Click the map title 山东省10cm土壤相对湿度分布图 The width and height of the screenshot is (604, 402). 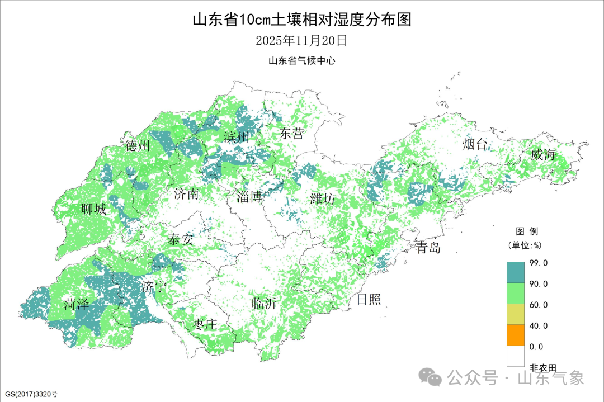point(301,20)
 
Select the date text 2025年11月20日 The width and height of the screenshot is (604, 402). point(301,41)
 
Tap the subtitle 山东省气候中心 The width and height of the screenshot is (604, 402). point(301,61)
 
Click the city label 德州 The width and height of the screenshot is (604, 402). point(138,146)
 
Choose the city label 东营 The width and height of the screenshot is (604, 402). point(292,134)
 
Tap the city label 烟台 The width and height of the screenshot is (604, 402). point(475,145)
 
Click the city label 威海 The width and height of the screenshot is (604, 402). point(544,155)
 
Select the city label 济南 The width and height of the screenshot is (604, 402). point(186,195)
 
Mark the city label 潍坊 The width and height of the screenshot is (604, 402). point(323,198)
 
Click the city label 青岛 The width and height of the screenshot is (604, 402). point(428,248)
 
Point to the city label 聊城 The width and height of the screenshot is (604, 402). point(93,210)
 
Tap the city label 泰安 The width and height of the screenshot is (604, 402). point(181,240)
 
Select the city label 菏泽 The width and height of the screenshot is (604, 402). point(77,305)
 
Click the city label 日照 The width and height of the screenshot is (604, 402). point(369,300)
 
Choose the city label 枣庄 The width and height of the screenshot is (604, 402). point(205,325)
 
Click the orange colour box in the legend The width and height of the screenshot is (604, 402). point(516,335)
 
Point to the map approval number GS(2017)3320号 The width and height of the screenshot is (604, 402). point(30,394)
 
